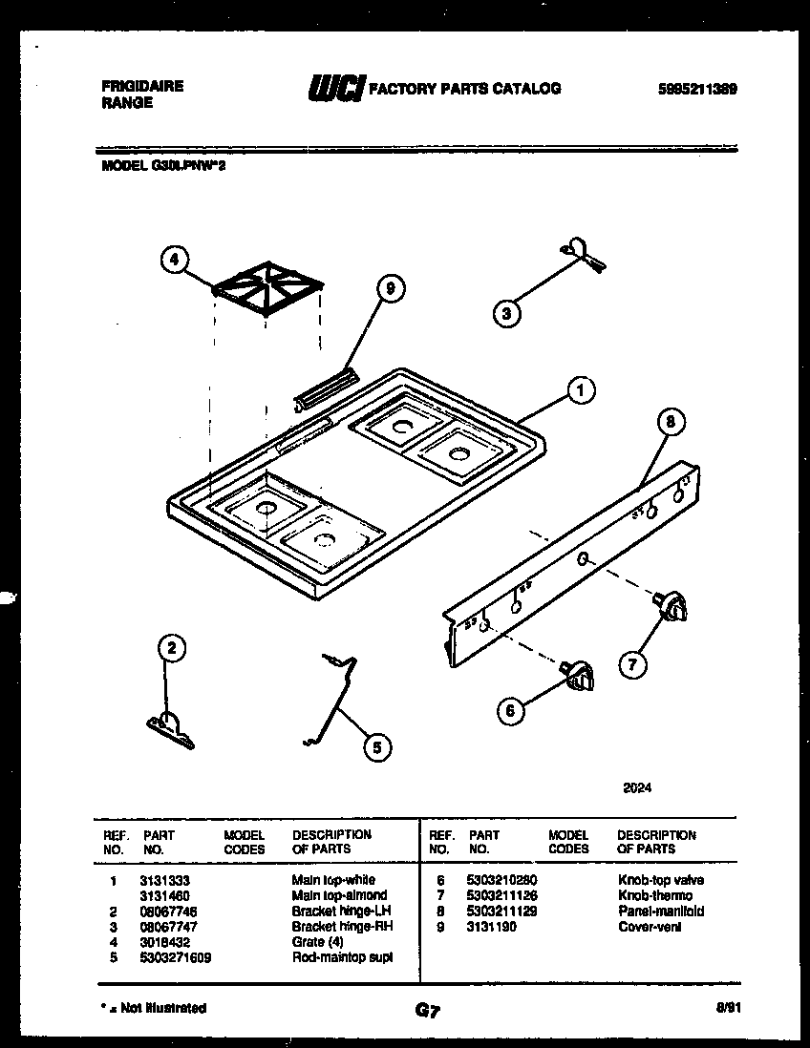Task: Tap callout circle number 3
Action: tap(507, 311)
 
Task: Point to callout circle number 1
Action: tap(580, 389)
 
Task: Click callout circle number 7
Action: tap(631, 663)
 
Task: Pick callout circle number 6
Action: tap(511, 709)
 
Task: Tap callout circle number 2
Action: tap(170, 649)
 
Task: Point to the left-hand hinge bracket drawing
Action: tap(170, 728)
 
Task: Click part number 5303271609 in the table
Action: tap(175, 957)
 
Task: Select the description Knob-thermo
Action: tap(655, 895)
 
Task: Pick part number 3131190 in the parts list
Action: tap(493, 926)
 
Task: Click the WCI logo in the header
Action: tap(334, 89)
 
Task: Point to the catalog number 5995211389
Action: tap(697, 89)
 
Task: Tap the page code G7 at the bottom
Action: tap(427, 1010)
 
